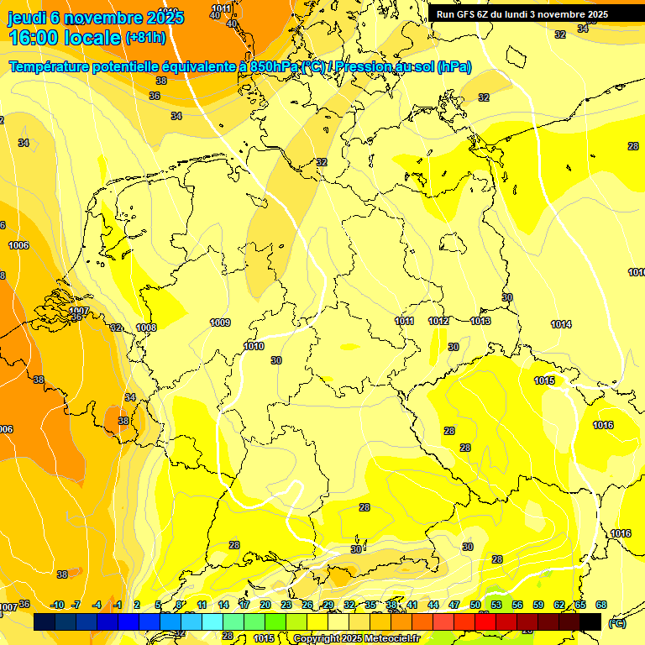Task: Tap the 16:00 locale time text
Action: click(64, 38)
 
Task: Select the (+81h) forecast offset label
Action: click(146, 38)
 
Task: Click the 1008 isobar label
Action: click(146, 328)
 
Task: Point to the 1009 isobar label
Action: click(220, 322)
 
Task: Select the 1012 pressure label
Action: click(438, 321)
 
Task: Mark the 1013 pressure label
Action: click(480, 321)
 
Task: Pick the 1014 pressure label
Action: click(561, 324)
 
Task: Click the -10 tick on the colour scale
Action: click(57, 605)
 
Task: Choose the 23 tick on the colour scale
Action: click(286, 605)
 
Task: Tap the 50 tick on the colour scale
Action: click(475, 605)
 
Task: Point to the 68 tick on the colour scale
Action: click(601, 605)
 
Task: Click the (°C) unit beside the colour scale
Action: click(616, 622)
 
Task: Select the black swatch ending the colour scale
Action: click(590, 621)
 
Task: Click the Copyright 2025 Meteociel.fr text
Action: click(356, 638)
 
